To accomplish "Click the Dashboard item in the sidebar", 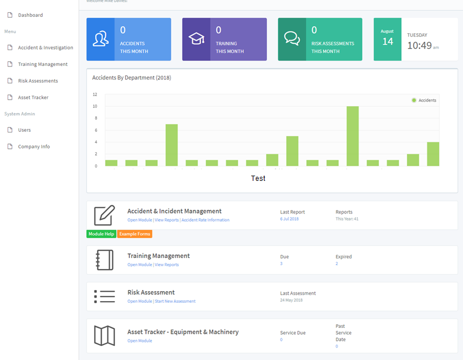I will coord(30,15).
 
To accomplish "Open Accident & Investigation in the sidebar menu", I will coord(45,48).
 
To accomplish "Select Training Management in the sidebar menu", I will coord(43,64).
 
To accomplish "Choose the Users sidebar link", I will coord(24,130).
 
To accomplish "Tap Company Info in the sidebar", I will coord(33,146).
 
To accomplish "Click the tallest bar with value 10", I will coord(353,136).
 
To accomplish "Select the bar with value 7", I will coord(172,145).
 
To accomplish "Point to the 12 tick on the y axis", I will coord(95,95).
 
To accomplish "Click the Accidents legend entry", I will coord(424,100).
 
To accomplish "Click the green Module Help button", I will coord(101,234).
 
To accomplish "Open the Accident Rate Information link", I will coord(206,220).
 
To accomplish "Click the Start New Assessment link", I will coord(175,301).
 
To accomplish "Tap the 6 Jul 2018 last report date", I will coord(290,219).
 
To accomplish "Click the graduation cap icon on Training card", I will coord(196,39).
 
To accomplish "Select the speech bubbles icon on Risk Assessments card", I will coord(292,39).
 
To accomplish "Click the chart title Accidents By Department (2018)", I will coord(131,78).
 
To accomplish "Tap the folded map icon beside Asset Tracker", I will coord(105,335).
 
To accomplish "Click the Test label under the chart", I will coord(258,179).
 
